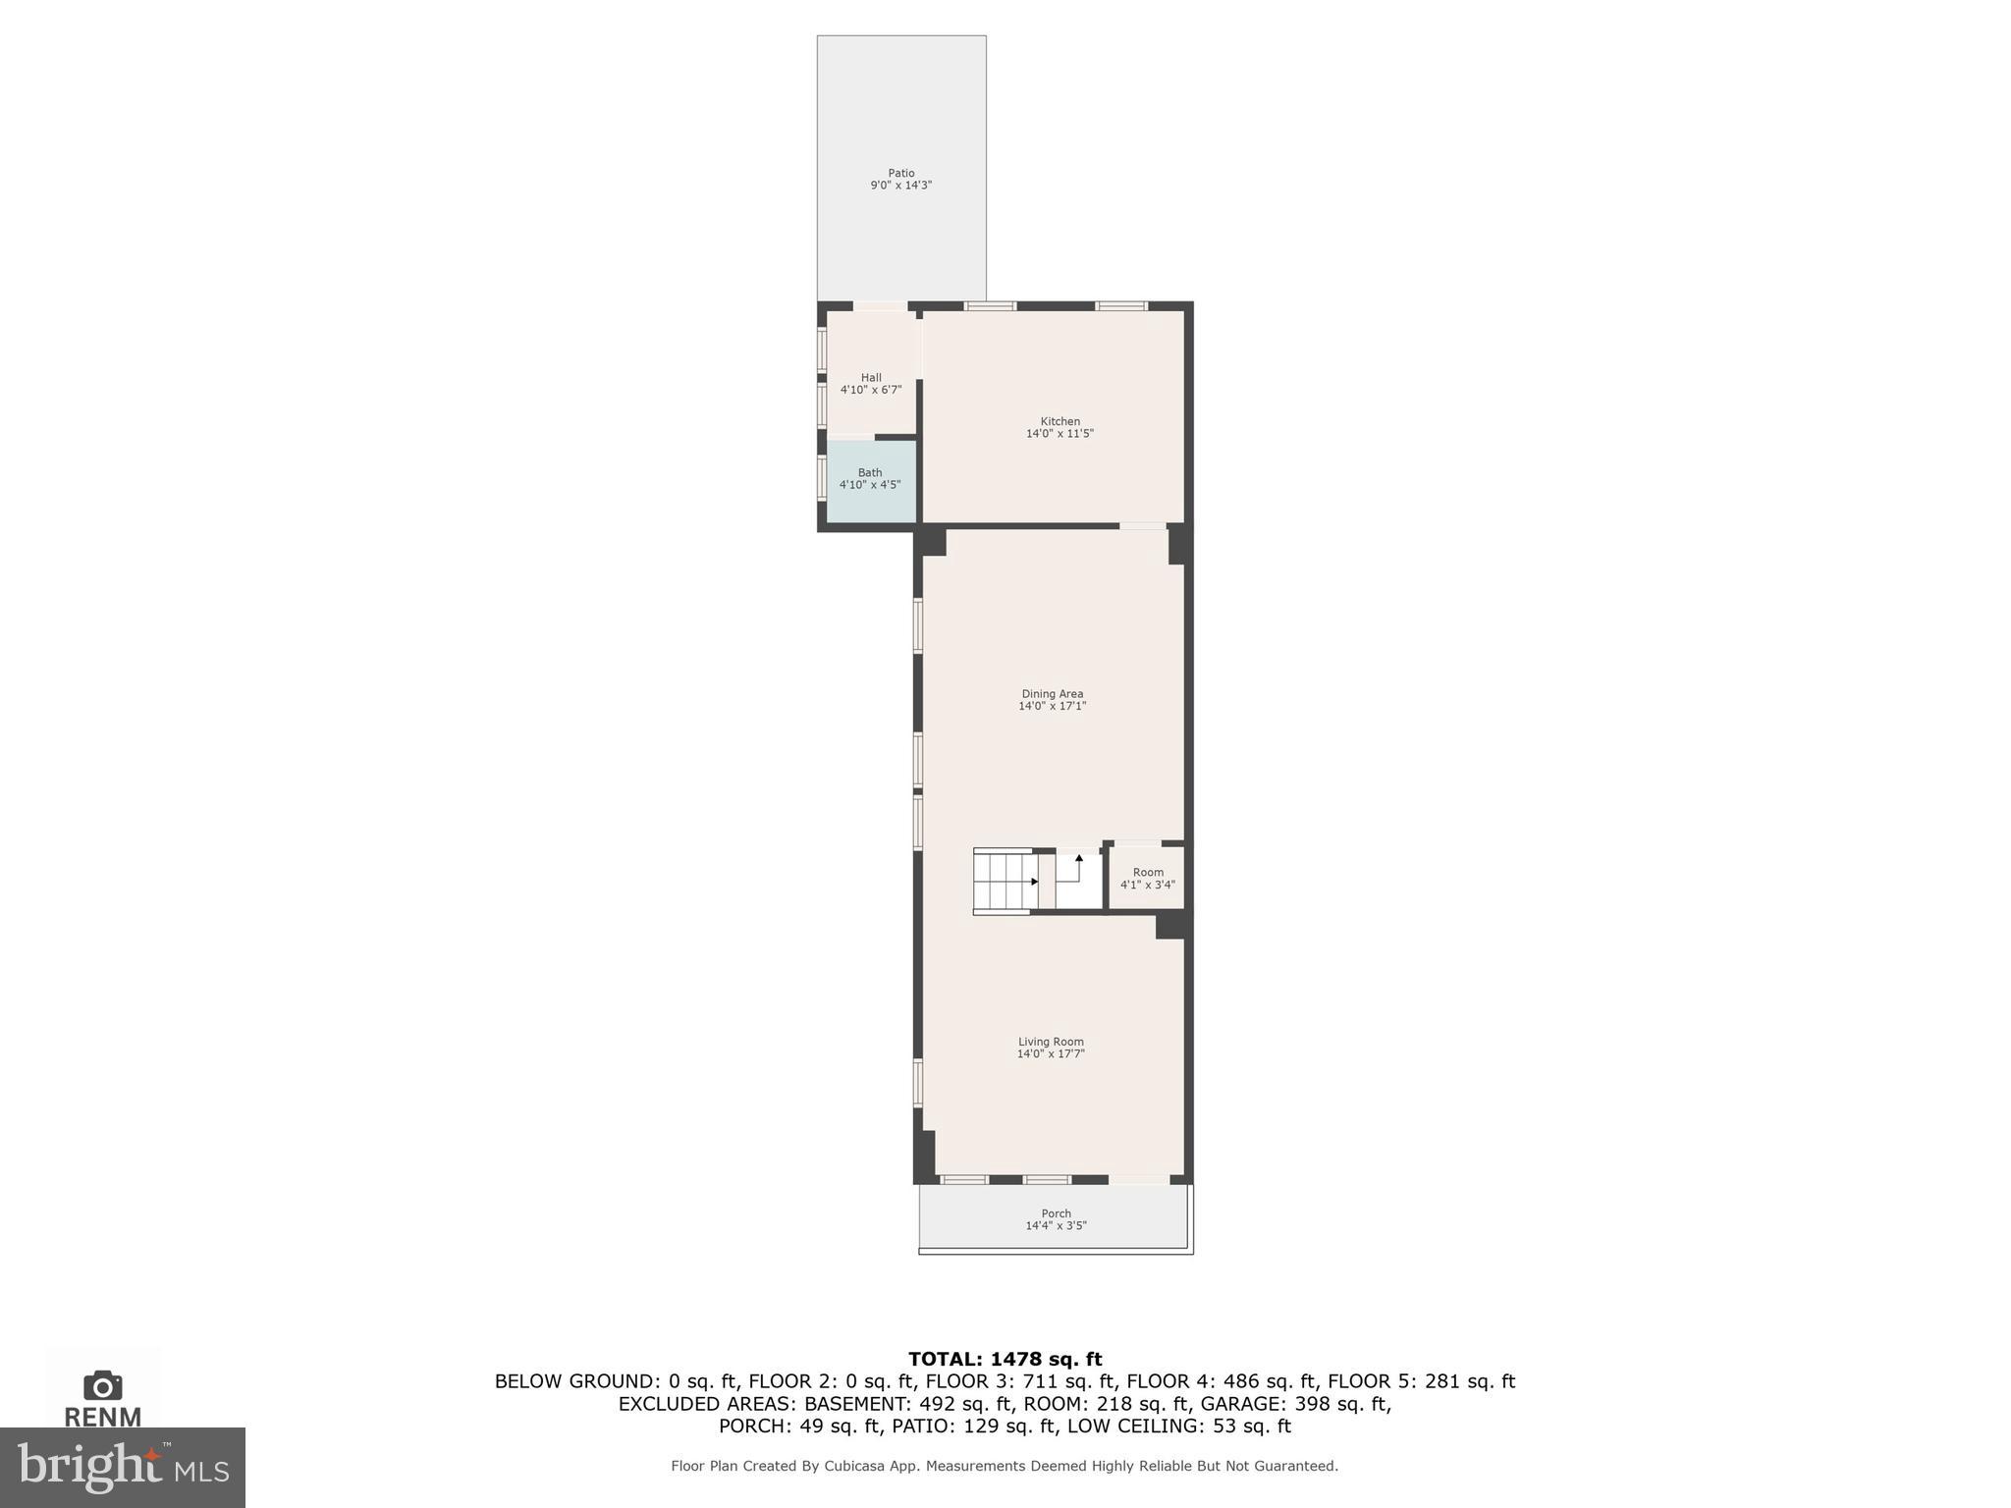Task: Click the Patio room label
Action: (900, 174)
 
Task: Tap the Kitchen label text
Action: (1060, 422)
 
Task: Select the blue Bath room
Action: (871, 481)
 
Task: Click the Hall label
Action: (871, 378)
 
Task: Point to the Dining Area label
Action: (1052, 694)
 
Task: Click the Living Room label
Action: (1051, 1042)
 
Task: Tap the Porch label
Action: (1056, 1213)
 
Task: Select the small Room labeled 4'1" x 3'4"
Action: (1147, 878)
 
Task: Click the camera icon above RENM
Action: (102, 1385)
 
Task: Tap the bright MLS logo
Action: (123, 1468)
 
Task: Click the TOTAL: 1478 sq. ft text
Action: (1005, 1359)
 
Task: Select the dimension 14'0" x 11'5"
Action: (1060, 434)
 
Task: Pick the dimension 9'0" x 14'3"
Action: (900, 186)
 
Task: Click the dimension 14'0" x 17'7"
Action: (1051, 1054)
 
